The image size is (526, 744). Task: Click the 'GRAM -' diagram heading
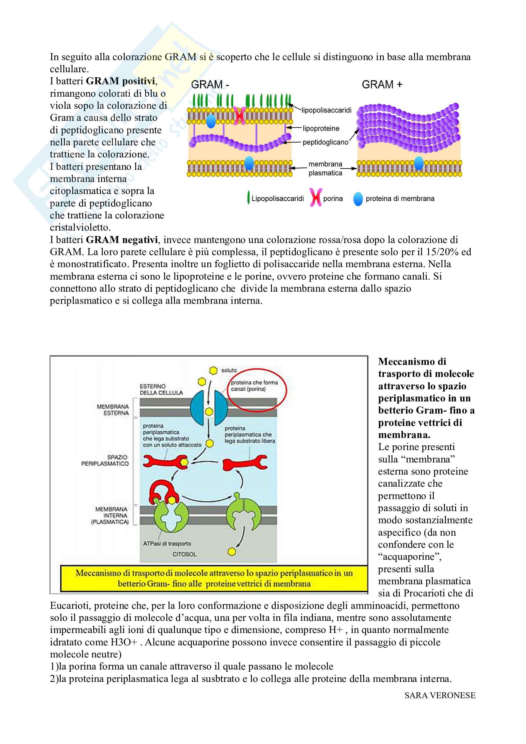click(210, 85)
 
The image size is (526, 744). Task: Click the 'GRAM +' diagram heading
click(382, 85)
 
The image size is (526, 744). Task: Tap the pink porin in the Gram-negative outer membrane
click(240, 116)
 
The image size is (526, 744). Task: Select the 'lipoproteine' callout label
click(321, 128)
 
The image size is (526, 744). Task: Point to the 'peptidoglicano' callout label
click(325, 142)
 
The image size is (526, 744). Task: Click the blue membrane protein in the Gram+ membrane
click(419, 163)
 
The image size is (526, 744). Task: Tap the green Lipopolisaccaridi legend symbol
click(248, 198)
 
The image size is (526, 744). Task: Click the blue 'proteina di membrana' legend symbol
click(358, 198)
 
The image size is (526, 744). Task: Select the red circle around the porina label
click(258, 390)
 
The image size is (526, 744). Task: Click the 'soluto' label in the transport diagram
click(229, 370)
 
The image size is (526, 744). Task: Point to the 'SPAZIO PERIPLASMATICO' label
click(105, 460)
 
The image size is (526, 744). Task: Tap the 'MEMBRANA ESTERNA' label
click(113, 410)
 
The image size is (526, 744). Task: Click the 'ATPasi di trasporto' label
click(167, 543)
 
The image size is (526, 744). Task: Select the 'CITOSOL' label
click(184, 554)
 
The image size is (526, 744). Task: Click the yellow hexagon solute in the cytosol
click(232, 552)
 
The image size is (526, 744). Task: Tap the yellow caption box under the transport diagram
click(214, 578)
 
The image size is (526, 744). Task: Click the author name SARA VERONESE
click(440, 695)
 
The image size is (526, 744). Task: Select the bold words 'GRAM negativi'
click(122, 240)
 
